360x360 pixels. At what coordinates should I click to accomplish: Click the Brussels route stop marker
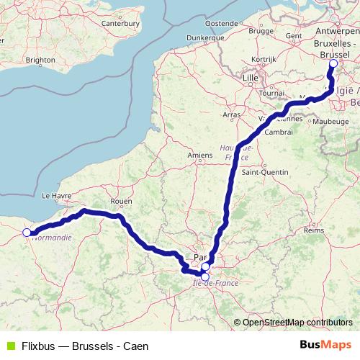[333, 64]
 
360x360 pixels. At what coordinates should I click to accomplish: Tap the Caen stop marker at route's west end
[27, 232]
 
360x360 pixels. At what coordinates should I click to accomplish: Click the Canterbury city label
[120, 43]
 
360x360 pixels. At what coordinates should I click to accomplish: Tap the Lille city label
[251, 77]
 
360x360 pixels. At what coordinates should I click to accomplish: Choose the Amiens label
[199, 154]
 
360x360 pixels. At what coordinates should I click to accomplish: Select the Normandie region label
[53, 237]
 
